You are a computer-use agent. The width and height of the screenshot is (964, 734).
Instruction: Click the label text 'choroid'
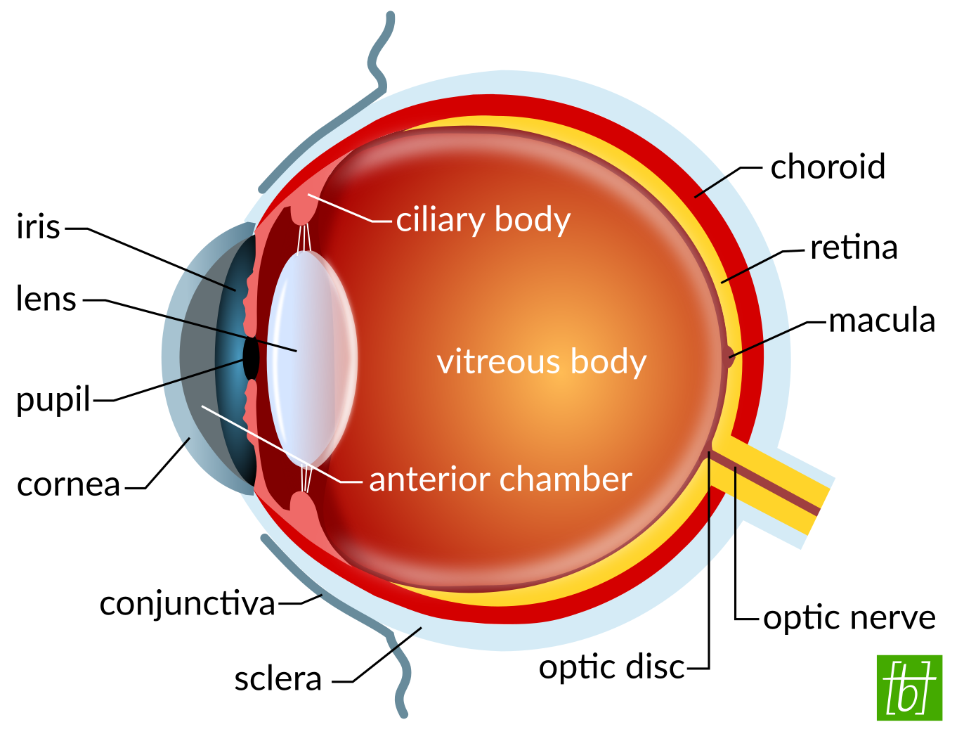pos(827,167)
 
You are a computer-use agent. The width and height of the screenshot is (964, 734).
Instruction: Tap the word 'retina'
pos(854,247)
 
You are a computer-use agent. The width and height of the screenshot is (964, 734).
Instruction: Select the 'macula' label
pos(882,321)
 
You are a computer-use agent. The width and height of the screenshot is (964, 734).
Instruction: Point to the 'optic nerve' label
pos(849,618)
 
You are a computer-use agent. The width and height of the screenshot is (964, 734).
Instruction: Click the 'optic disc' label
pos(611,667)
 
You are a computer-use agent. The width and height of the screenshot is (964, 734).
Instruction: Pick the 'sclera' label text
pos(278,679)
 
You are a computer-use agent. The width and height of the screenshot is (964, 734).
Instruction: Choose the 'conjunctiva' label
pos(187,603)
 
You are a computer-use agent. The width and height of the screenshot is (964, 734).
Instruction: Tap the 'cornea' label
pos(68,484)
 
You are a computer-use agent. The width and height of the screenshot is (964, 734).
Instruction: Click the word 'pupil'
pos(53,400)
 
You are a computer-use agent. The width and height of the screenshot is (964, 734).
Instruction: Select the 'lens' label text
pos(46,300)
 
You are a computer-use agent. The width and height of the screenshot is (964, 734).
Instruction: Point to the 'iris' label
pos(38,227)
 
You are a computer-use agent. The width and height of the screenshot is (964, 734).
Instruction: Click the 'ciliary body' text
pos(483,220)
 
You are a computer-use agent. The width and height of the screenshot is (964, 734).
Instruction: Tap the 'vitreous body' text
pos(541,362)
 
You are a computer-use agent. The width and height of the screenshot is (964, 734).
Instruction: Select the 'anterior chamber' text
pos(500,479)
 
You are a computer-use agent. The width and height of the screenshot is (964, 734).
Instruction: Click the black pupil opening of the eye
pos(251,358)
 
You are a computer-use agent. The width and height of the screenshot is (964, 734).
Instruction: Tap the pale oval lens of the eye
pos(309,359)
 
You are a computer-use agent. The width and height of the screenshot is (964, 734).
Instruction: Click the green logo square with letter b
pos(908,688)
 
